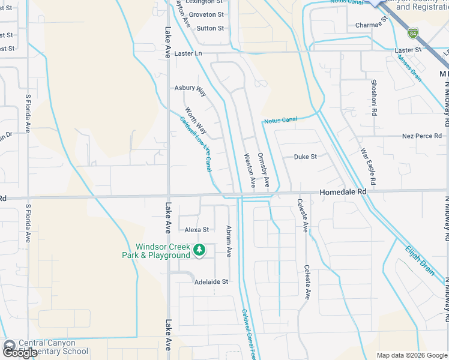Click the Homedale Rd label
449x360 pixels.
(x=343, y=191)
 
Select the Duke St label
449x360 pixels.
(x=305, y=157)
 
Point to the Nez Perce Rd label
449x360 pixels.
(x=422, y=136)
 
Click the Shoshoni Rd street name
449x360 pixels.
(x=374, y=98)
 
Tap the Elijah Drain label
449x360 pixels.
(x=420, y=260)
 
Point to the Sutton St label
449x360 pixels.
(x=210, y=28)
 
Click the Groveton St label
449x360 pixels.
(x=204, y=14)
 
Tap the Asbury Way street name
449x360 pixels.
(x=190, y=88)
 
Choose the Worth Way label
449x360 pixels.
(x=196, y=121)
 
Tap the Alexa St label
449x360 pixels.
(x=196, y=230)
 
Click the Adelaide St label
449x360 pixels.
(x=211, y=281)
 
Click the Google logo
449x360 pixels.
(x=20, y=352)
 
